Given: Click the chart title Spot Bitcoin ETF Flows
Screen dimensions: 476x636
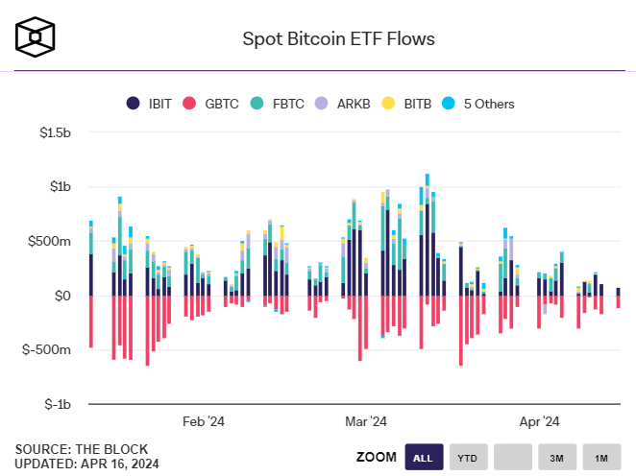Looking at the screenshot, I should tap(337, 39).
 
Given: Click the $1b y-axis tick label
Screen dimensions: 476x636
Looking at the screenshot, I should tap(60, 186).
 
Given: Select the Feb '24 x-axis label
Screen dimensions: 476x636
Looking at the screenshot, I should tap(204, 421).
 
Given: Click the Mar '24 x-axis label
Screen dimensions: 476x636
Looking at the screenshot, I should tap(365, 421).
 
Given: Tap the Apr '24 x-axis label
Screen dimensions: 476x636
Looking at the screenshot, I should tap(540, 421).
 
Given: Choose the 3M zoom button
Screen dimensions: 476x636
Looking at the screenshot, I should tap(556, 458).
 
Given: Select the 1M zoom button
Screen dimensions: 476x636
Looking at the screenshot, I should tap(600, 458).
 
